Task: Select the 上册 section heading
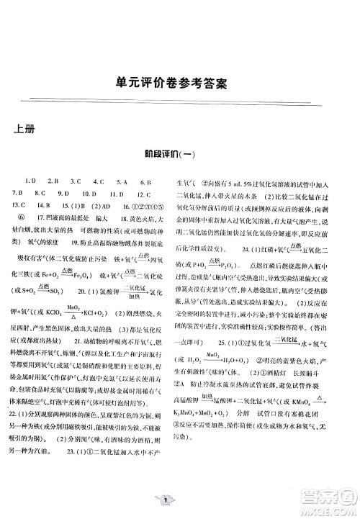[27, 129]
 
